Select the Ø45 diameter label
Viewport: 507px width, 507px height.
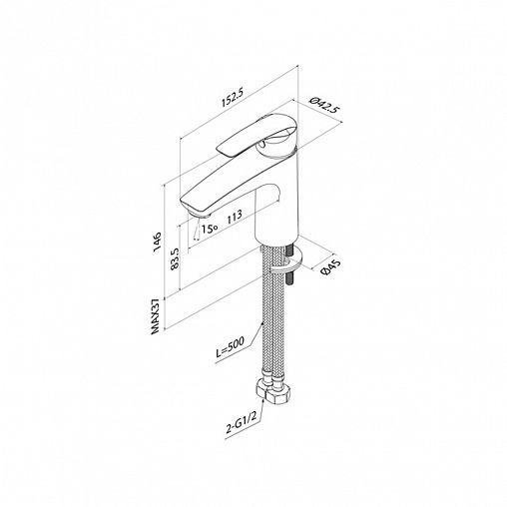click(330, 267)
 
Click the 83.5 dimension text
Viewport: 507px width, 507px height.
click(175, 258)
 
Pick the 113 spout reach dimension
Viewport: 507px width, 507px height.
click(235, 218)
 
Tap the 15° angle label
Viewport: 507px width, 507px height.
click(210, 229)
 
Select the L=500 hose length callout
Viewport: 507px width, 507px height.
click(231, 347)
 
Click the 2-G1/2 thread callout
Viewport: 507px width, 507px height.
click(241, 424)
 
